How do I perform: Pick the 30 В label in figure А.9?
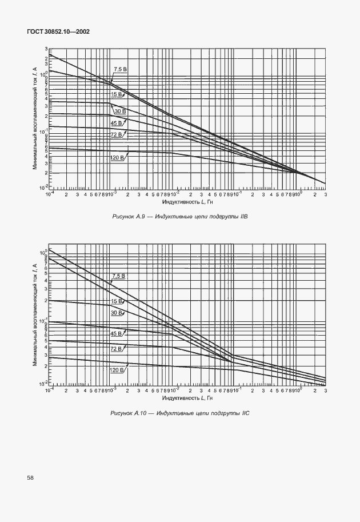[x=120, y=110]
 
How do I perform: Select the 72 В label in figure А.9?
[x=117, y=134]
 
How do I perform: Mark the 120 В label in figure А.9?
[x=118, y=157]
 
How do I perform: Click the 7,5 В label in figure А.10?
[x=119, y=276]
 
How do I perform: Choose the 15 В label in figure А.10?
[x=117, y=301]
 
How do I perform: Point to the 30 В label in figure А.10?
[x=117, y=313]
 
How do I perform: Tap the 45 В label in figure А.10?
[x=117, y=333]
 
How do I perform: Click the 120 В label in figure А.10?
[x=118, y=370]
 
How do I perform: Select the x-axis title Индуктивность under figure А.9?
[x=187, y=202]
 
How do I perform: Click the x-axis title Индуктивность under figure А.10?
[x=187, y=397]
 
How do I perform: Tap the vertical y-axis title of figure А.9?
[x=35, y=117]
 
